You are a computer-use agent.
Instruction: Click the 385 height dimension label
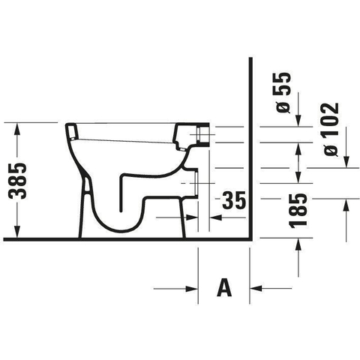(x=17, y=181)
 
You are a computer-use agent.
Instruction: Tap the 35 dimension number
(x=234, y=200)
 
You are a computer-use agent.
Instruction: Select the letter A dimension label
(x=224, y=288)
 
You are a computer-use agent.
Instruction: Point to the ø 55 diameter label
(x=283, y=93)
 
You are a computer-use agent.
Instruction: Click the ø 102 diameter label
(x=331, y=129)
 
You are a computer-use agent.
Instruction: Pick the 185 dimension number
(x=298, y=211)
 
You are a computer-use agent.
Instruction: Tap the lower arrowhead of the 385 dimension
(x=17, y=232)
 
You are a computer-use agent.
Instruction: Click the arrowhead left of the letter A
(x=191, y=289)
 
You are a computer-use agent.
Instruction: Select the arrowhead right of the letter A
(x=256, y=288)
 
